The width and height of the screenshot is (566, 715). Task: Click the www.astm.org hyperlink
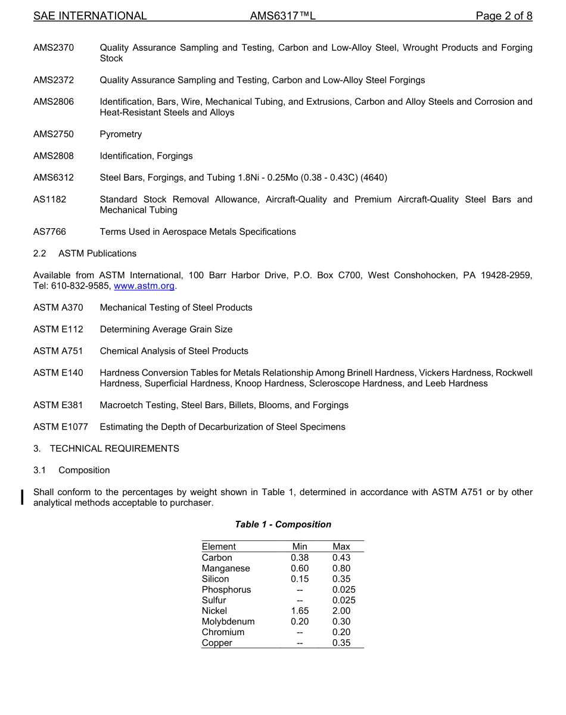click(144, 286)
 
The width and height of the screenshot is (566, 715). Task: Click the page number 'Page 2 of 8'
click(503, 16)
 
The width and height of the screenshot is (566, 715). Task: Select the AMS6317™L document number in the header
click(282, 16)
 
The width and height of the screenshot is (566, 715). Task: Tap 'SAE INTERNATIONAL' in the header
click(90, 16)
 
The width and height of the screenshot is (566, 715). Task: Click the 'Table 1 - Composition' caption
click(283, 524)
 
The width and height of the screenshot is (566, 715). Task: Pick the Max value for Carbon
click(341, 558)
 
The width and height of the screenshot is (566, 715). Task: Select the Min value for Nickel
click(300, 611)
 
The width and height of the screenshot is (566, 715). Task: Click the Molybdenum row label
click(228, 621)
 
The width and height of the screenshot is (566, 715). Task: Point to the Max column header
click(341, 546)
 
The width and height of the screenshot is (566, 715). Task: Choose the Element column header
click(219, 546)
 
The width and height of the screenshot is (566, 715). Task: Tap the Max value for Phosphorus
click(344, 589)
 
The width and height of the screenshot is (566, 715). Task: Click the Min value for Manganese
click(300, 568)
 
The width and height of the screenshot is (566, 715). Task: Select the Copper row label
click(217, 643)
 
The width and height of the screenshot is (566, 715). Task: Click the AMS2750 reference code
click(54, 134)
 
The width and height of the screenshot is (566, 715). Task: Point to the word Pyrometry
click(121, 134)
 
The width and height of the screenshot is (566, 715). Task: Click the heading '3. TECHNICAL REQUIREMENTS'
click(106, 449)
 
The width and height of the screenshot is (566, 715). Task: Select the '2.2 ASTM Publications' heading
click(85, 253)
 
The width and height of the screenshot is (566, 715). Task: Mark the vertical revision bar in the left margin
click(23, 497)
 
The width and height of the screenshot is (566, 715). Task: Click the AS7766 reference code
click(50, 232)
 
